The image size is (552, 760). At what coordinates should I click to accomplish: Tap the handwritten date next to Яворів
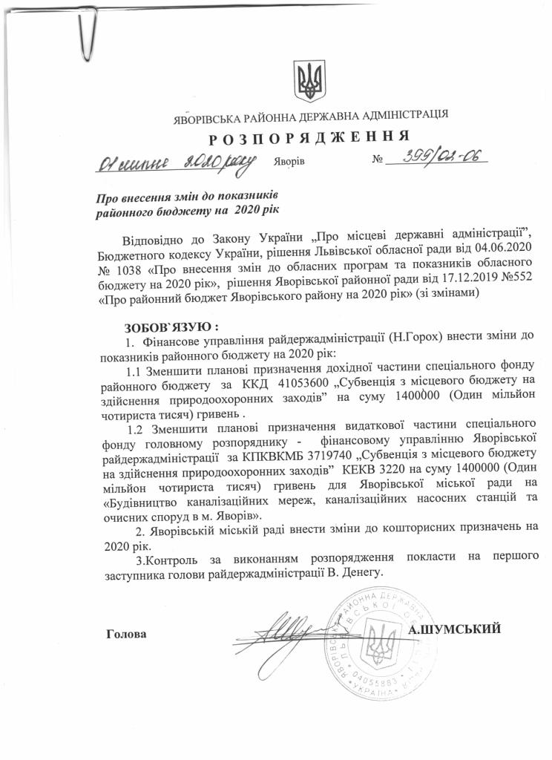[174, 159]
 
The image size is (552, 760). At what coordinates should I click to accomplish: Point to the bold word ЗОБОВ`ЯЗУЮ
[170, 326]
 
